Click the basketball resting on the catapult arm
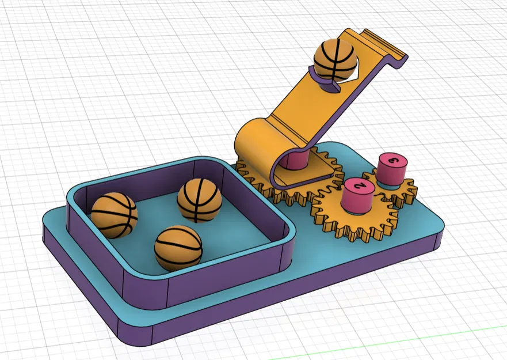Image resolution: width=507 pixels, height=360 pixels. (335, 59)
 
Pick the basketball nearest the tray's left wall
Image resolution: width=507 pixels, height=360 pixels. (114, 215)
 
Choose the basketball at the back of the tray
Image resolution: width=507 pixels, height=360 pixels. (199, 200)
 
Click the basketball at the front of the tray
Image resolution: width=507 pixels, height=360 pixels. (178, 248)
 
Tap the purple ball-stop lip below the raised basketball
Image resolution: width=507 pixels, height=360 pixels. (326, 84)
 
